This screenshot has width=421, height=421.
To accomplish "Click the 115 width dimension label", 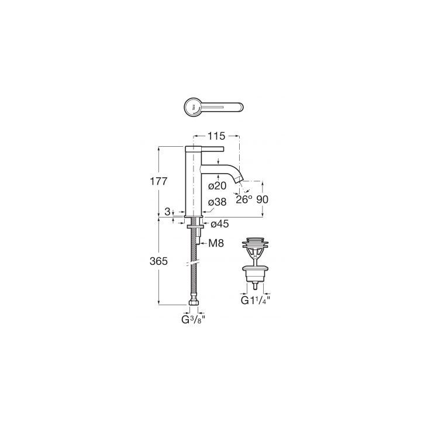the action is (x=216, y=136).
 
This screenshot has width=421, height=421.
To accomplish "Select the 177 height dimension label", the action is (x=158, y=181).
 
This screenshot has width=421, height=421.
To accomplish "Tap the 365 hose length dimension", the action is (x=158, y=261).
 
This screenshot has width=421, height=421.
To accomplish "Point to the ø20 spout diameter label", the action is (x=218, y=186).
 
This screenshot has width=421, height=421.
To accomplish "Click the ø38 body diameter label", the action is (x=218, y=202).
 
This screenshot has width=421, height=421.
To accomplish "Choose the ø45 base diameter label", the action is (x=220, y=223).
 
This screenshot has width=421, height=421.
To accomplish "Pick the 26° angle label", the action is (x=244, y=199).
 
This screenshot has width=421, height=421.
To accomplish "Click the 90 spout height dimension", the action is (x=263, y=199).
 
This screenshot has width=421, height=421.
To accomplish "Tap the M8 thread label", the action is (x=216, y=243).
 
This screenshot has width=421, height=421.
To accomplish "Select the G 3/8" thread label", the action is (x=194, y=320).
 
